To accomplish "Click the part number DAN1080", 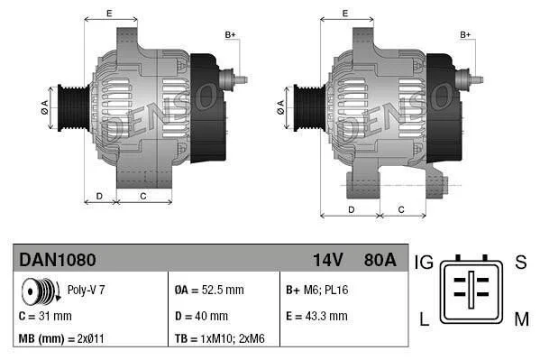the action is pos(58,260).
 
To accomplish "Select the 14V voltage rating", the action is pos(327,260).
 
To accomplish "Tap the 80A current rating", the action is pos(380,260).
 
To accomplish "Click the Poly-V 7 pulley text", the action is pos(86,290).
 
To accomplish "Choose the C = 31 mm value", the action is pos(45,316).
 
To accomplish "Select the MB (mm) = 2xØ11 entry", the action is pos(61,338).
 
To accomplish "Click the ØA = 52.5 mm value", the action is pos(209,290).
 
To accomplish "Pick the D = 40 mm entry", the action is pos(201,316).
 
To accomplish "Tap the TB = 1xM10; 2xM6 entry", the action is pos(220,338).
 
